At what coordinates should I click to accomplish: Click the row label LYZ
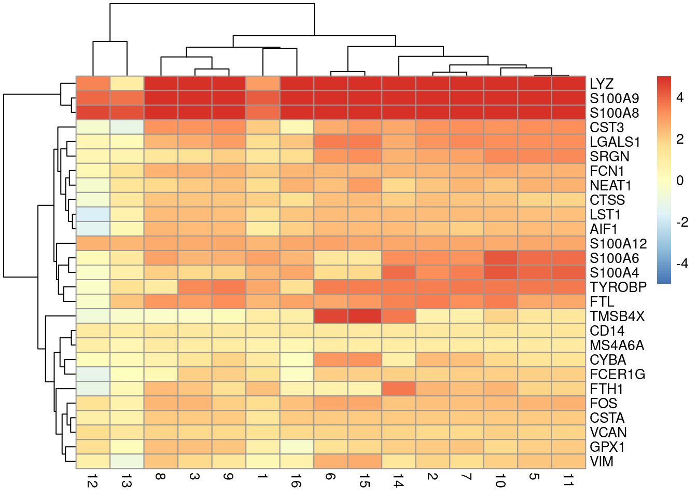coord(601,84)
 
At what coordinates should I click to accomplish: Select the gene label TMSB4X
coord(617,316)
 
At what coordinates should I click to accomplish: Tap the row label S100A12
coord(618,244)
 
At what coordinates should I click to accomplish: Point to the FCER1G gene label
coord(617,375)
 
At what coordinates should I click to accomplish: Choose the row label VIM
coord(601,462)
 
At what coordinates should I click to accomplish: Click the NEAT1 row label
coord(610,186)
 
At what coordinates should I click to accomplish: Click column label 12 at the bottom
coord(93,482)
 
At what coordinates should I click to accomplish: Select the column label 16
coord(297,482)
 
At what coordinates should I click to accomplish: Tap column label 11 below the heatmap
coord(568,482)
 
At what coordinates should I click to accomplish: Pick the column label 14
coord(398,482)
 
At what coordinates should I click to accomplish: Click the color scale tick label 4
coord(680,98)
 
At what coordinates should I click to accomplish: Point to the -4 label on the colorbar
coord(681,264)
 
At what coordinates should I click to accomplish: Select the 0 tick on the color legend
coord(680,181)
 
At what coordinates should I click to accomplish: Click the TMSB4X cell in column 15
coord(365,316)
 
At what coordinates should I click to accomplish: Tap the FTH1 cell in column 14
coord(398,389)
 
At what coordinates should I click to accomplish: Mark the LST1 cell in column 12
coord(93,214)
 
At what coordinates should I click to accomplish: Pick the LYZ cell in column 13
coord(127,84)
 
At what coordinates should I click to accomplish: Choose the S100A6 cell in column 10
coord(500,258)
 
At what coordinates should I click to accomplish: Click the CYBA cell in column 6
coord(330,359)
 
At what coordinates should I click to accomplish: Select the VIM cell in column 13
coord(127,461)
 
